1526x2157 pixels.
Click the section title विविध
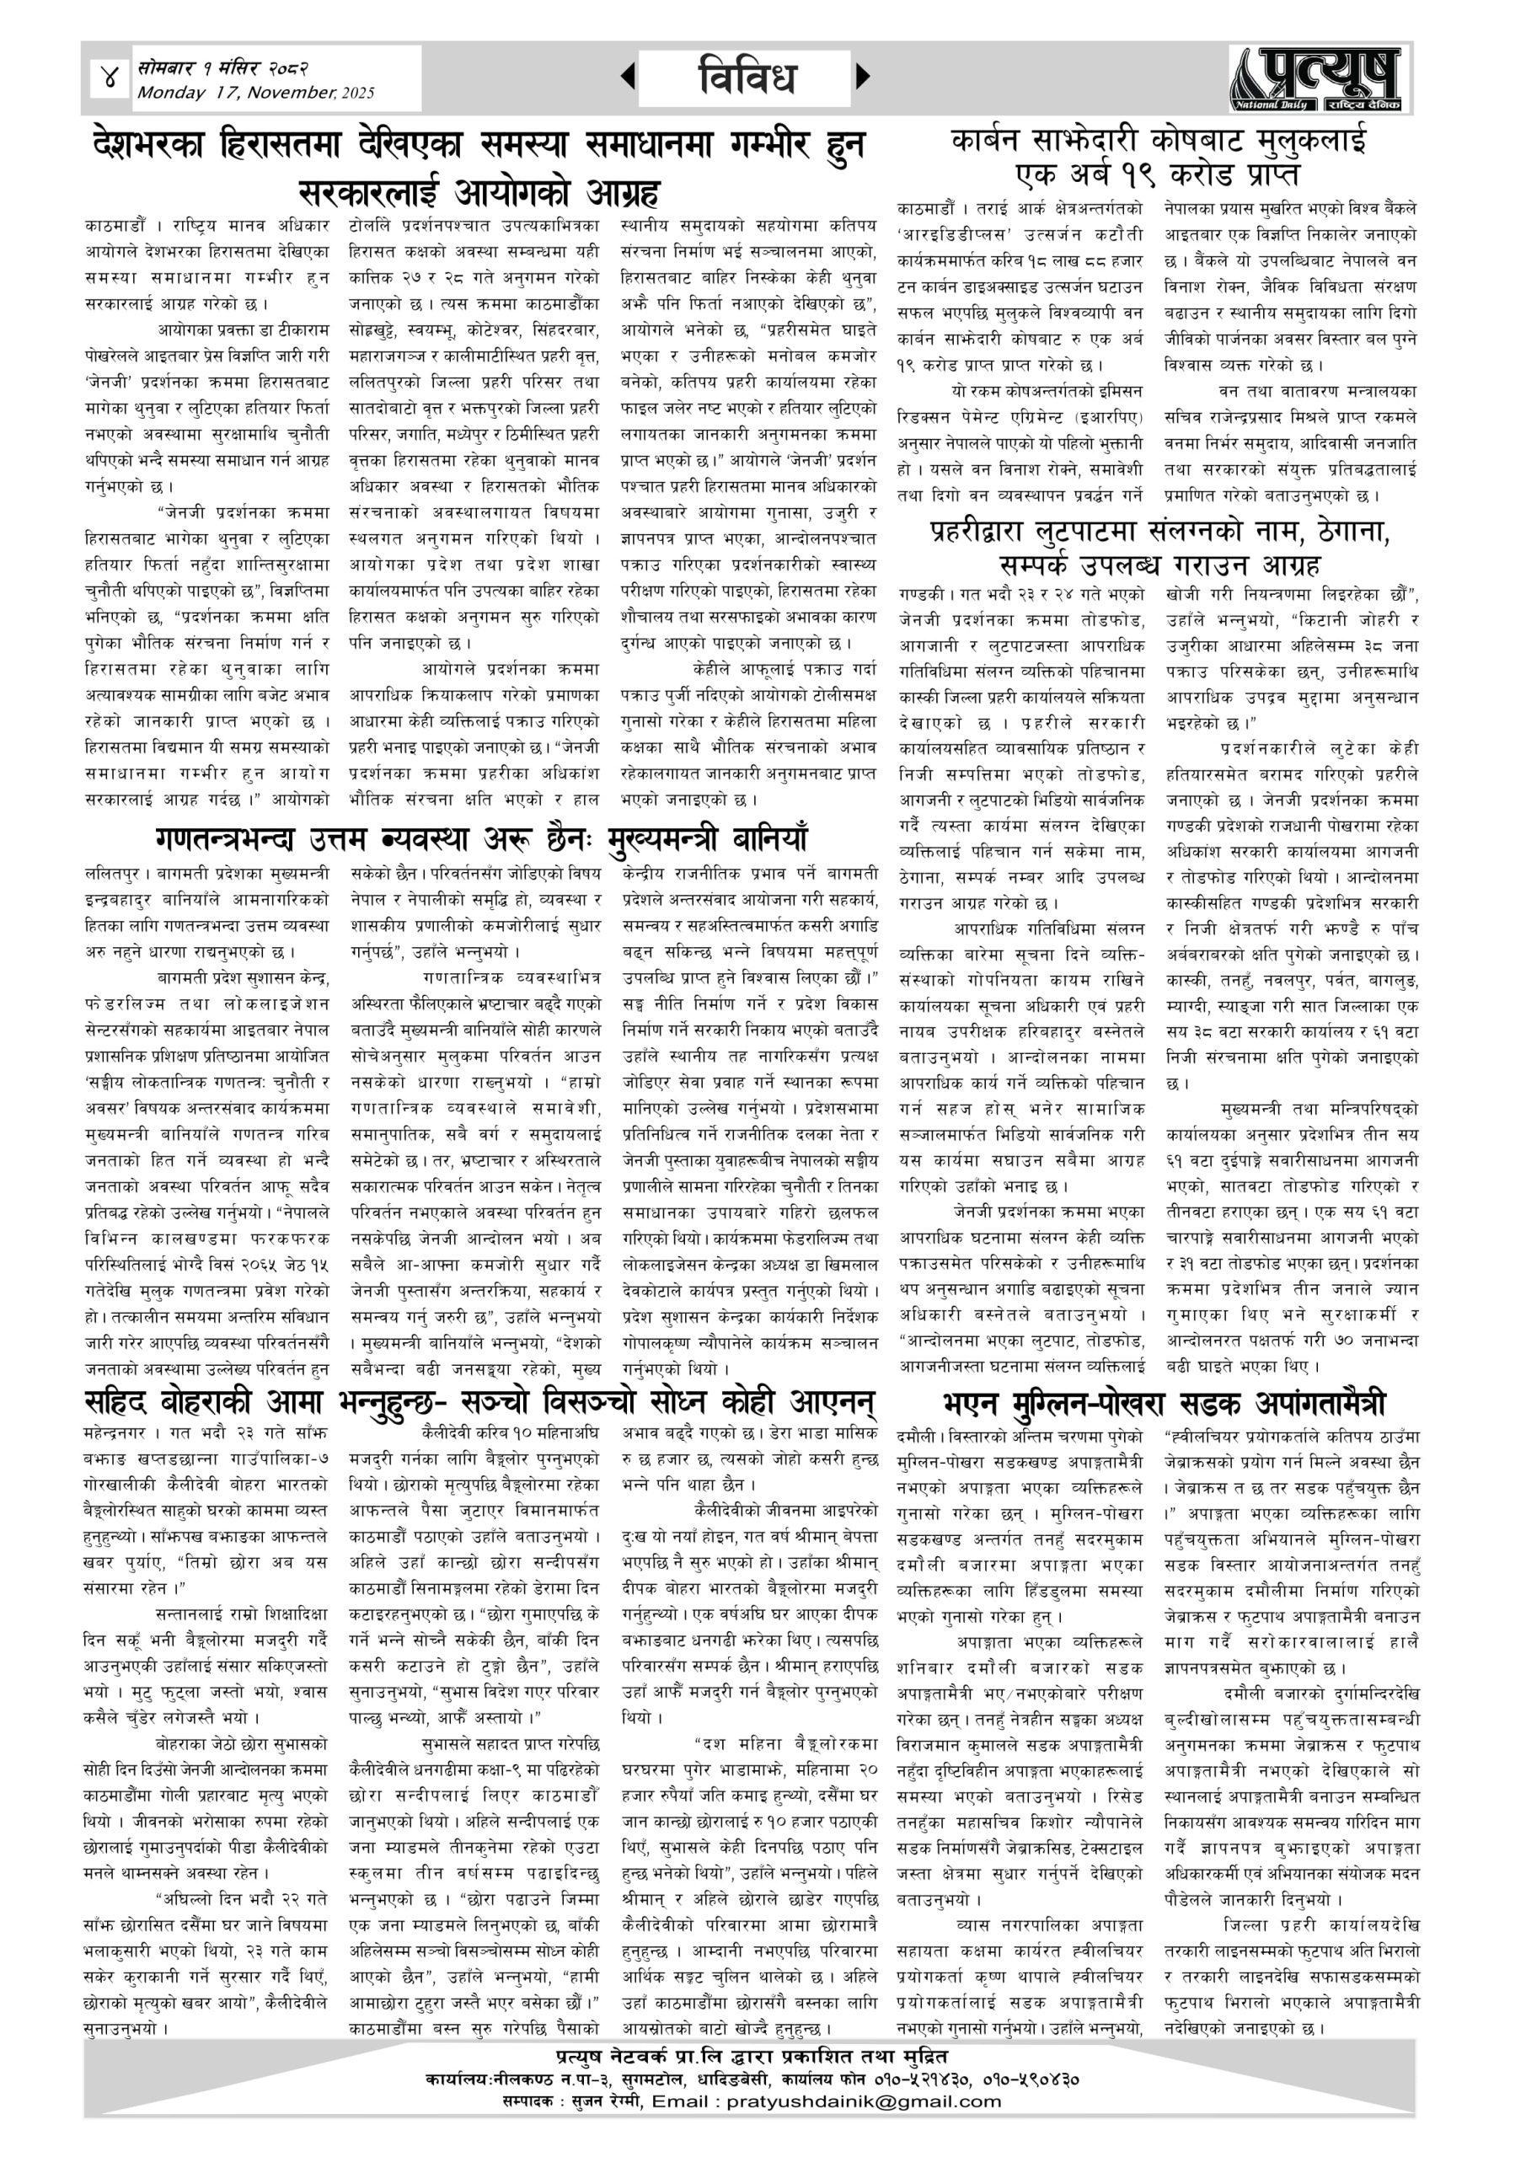point(747,78)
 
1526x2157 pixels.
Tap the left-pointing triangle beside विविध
point(628,77)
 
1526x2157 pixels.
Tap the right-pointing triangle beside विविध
point(863,77)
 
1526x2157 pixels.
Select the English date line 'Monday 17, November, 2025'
point(255,93)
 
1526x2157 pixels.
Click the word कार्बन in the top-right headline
point(993,142)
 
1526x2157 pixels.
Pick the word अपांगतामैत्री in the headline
point(1320,1404)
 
